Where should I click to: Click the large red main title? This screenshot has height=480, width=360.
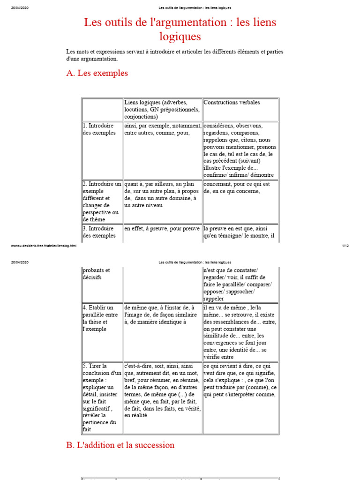point(180,29)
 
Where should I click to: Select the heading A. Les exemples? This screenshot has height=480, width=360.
point(97,73)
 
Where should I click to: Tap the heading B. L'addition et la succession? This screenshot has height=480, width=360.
point(120,445)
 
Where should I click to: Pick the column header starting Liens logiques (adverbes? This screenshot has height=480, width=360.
point(162,109)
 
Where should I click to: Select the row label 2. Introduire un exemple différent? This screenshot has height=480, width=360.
point(102,202)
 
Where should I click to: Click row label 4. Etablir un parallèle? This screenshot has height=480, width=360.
point(101,318)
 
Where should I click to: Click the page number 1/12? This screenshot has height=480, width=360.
point(345,245)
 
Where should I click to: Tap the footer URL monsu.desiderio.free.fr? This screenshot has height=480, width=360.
point(44,245)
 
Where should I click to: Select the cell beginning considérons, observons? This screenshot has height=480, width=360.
point(240,150)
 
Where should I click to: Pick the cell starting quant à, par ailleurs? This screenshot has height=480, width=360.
point(162,195)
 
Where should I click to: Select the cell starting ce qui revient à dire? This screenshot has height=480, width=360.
point(240,380)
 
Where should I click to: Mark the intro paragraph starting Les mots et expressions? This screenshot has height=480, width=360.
point(174,55)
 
